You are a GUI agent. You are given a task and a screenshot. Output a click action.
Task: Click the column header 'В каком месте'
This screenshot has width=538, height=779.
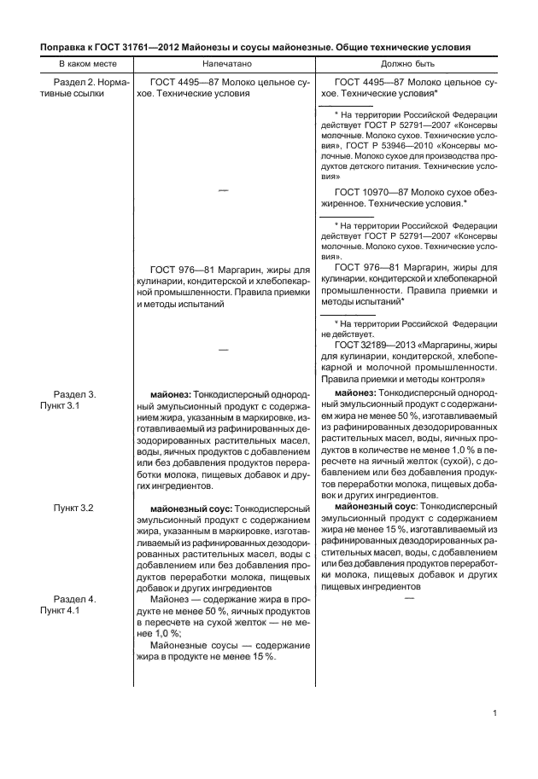tap(83, 64)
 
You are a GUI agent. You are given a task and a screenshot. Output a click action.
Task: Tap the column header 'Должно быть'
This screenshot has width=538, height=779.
tap(407, 64)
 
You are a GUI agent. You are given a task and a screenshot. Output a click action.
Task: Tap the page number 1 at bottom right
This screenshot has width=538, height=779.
tap(495, 713)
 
